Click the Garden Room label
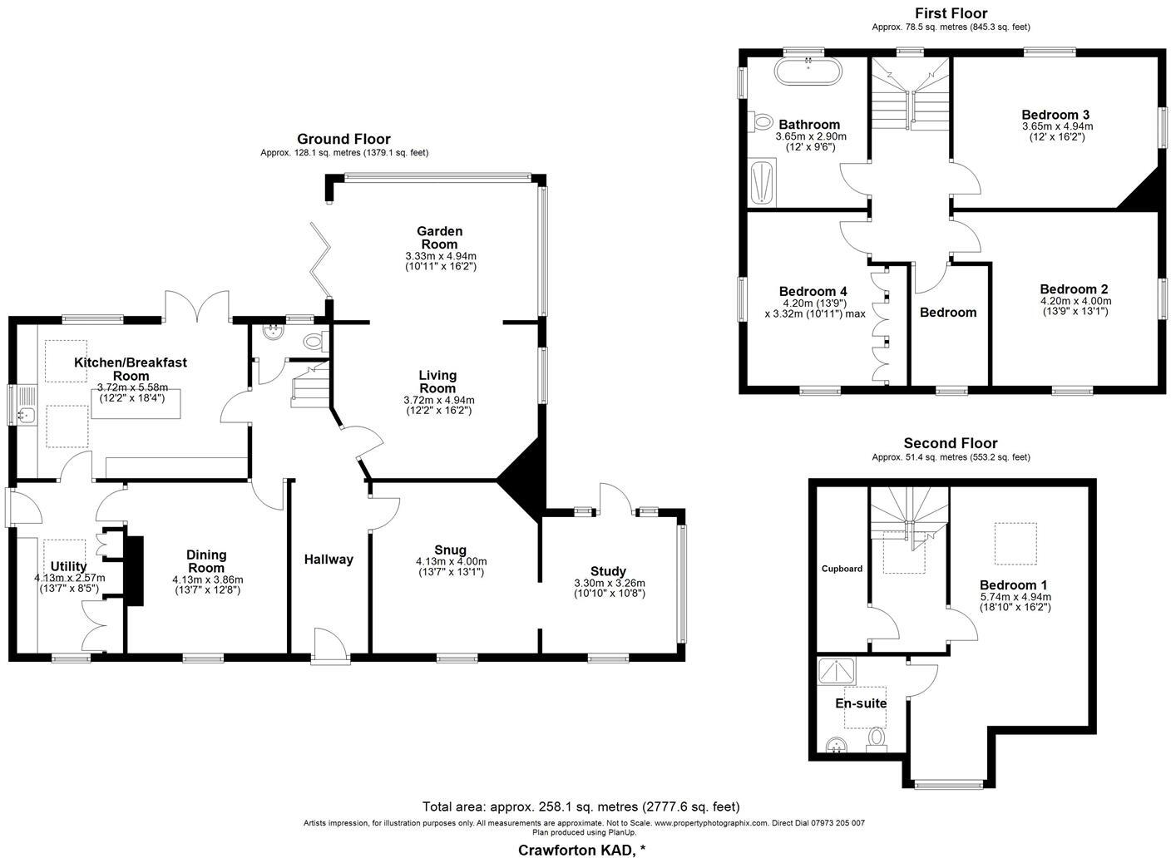439,238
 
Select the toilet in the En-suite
877,740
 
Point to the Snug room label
450,550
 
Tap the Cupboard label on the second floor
842,569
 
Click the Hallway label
329,559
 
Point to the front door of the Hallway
330,645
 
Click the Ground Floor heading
343,139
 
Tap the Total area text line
581,806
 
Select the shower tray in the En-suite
837,671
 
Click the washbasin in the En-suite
837,744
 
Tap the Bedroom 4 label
813,291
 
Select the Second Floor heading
951,443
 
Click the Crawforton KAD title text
582,850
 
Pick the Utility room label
68,566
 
